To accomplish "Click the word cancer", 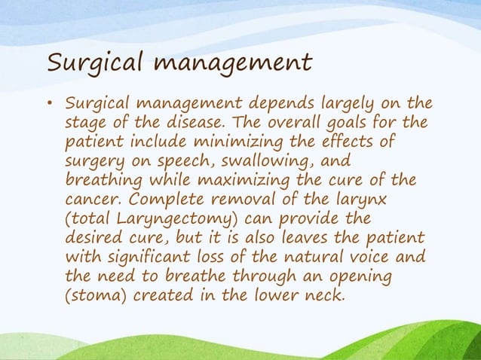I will [x=90, y=200].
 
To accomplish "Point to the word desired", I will [x=94, y=237].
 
